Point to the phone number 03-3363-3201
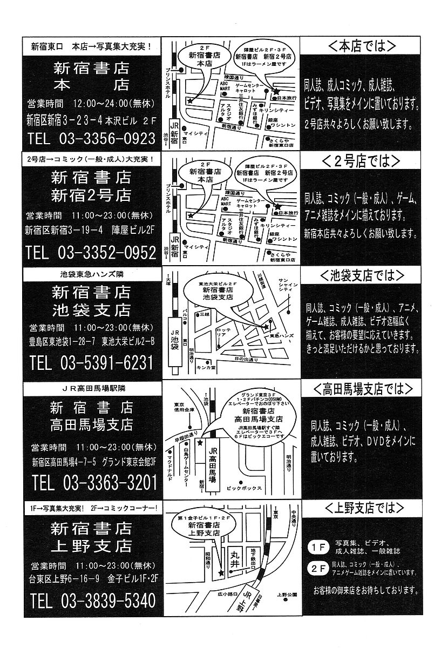point(111,481)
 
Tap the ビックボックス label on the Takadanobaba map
point(245,488)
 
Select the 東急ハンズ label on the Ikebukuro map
point(281,336)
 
